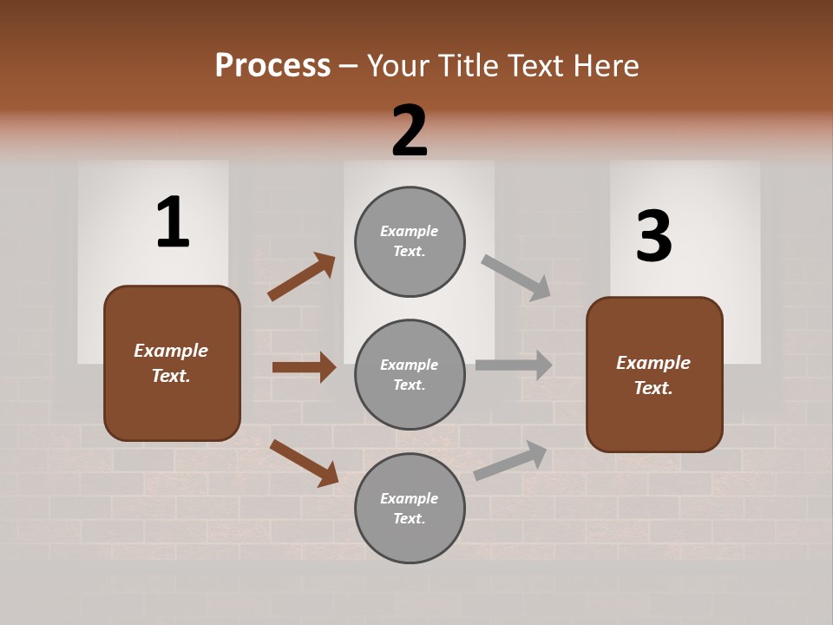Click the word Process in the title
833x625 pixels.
coord(272,65)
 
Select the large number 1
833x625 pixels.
coord(173,222)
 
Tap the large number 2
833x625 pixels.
coord(410,131)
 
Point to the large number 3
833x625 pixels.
coord(653,237)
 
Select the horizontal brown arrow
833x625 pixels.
coord(304,367)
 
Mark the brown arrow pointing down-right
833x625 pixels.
coord(304,463)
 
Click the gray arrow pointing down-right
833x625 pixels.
coord(516,277)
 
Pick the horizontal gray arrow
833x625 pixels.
coord(514,365)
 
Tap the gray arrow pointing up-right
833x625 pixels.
coord(510,460)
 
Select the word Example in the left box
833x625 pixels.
coord(171,351)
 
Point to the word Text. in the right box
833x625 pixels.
coord(653,388)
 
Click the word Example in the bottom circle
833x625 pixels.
coord(410,498)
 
